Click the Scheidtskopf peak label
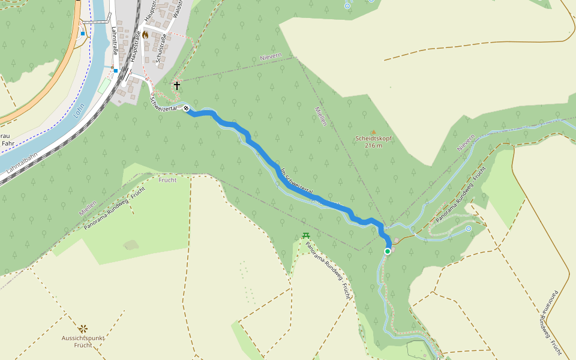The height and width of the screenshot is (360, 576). pos(373,139)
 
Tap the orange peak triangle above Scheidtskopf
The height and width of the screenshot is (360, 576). pos(373,131)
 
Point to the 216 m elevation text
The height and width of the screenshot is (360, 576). pos(373,145)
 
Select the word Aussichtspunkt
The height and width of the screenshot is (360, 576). pos(83,338)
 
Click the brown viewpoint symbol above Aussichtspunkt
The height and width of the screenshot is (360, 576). pos(83,329)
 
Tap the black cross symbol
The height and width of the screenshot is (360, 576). pos(177,86)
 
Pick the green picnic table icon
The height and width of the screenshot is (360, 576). pos(306,236)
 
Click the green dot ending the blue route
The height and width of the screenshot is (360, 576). pos(388,251)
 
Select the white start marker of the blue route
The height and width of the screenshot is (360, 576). pos(187,109)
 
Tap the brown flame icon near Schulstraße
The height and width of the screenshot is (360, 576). pos(145,35)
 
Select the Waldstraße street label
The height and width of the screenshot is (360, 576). pos(178,8)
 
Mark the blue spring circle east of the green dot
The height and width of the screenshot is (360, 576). pos(469,229)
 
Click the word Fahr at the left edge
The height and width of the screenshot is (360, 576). pos(8,143)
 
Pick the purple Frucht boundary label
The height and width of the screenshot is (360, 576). pos(168,180)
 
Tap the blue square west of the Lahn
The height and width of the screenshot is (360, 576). pos(83,34)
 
